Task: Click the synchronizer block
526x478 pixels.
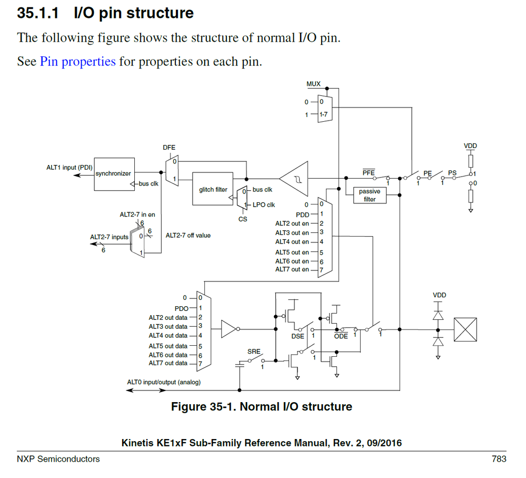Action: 113,173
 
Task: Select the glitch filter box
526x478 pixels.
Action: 213,189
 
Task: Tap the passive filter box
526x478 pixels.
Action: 370,196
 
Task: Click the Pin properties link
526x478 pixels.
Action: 77,61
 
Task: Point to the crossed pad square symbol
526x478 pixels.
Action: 465,329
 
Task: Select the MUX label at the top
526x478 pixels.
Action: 313,84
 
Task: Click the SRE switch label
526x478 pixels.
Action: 254,351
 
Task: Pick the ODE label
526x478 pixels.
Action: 341,336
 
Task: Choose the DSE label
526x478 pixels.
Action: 298,336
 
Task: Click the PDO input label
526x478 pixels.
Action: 181,308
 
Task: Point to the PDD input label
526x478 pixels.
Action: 302,214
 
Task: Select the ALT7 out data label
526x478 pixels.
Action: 168,363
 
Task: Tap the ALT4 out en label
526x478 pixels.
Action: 292,242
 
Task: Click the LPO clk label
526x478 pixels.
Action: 264,204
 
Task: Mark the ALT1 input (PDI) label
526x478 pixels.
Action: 70,167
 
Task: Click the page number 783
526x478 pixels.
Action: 499,459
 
